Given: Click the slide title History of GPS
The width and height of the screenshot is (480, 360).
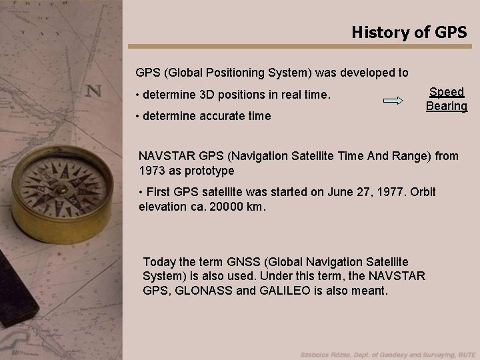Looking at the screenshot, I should (x=409, y=31).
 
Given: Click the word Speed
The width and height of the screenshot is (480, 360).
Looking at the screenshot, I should (x=446, y=93).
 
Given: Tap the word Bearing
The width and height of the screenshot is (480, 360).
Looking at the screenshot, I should (x=446, y=106).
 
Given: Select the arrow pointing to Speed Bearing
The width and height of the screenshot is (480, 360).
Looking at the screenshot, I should (x=393, y=101).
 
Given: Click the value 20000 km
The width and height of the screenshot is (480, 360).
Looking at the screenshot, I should (x=237, y=207).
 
